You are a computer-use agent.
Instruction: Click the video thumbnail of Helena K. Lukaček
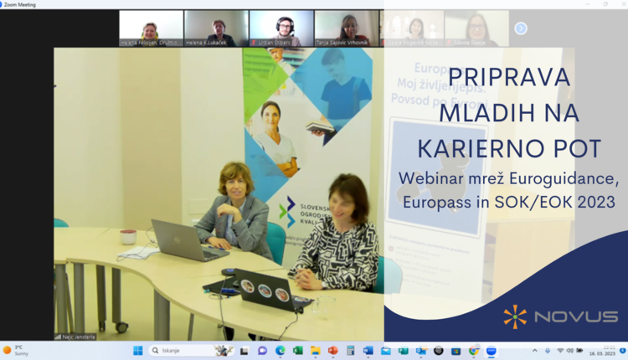216,28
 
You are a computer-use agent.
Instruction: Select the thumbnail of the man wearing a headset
281,28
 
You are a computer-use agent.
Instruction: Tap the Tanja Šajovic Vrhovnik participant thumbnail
347,28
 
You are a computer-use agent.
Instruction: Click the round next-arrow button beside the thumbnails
521,28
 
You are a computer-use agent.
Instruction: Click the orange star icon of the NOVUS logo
515,316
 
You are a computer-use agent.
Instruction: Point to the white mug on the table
128,237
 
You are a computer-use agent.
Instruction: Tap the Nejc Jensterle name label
75,337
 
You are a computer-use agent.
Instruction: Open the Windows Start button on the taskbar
137,351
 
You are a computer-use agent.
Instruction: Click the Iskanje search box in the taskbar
181,351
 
